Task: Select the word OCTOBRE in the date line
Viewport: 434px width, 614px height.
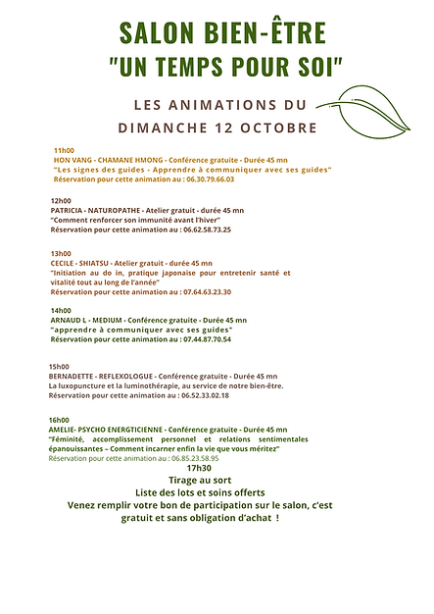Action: click(277, 128)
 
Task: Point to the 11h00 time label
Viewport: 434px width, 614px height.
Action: click(64, 149)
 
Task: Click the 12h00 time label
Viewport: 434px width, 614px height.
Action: click(61, 200)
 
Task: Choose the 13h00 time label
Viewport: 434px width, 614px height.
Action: click(61, 253)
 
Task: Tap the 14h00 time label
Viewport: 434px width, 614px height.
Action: click(61, 310)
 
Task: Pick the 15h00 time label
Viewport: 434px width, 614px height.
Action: click(61, 366)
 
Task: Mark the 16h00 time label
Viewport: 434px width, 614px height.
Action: click(61, 420)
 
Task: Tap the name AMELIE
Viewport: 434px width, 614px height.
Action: click(64, 430)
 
